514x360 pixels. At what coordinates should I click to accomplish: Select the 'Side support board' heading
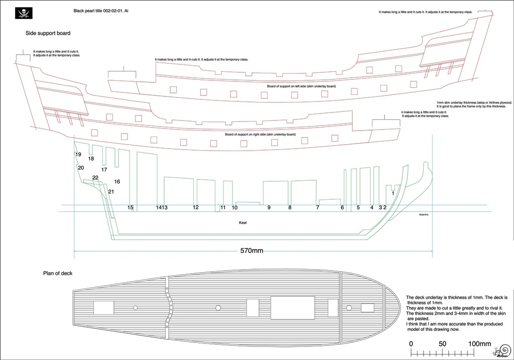click(x=48, y=34)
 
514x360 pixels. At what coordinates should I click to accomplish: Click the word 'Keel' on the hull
click(x=242, y=222)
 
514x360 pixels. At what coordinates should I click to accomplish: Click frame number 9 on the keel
click(x=269, y=207)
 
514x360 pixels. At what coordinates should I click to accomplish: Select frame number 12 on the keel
click(x=196, y=207)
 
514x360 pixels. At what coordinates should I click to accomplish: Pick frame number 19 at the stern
click(x=78, y=155)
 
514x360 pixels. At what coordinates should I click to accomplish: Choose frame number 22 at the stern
click(x=95, y=178)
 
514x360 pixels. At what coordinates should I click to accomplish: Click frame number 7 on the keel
click(x=318, y=207)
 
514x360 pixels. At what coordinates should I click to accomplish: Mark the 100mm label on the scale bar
click(x=479, y=344)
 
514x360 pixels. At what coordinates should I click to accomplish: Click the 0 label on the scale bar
click(x=411, y=344)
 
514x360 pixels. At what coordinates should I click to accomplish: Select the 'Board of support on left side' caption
click(x=302, y=86)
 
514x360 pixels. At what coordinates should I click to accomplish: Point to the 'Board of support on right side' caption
click(x=260, y=135)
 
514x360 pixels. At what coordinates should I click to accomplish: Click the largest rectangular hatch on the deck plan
click(x=292, y=307)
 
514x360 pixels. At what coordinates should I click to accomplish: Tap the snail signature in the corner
click(x=501, y=350)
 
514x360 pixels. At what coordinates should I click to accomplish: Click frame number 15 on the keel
click(x=131, y=207)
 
